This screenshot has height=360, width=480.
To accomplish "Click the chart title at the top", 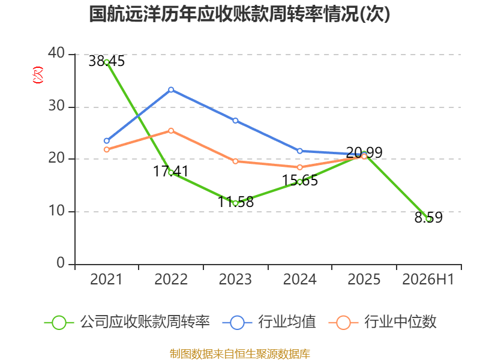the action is pos(239,14).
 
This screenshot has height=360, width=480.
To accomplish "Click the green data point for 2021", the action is pos(107,62).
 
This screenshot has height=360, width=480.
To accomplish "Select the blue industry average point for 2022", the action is pos(171,89).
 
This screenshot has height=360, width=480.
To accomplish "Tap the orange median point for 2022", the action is pos(171,131).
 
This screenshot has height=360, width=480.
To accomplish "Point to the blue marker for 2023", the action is pos(235,121).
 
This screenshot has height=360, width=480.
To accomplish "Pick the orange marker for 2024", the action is pos(299,167).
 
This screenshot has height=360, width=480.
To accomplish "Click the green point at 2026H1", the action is pos(428,219).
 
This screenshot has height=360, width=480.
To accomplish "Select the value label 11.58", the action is pos(236,202).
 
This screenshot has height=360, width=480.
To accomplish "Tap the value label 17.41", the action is pos(171,172).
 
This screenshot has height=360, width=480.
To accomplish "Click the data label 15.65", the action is pos(299,181).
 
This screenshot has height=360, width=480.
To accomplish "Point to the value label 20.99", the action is pos(364,153).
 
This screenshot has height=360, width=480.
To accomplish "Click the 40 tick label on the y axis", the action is pos(56,53).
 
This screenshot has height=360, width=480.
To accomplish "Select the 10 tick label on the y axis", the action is pos(56,211).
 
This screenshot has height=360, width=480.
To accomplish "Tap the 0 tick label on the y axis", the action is pos(61,263).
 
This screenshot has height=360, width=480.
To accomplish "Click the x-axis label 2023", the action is pos(235,280).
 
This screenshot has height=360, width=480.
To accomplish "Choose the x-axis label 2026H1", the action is pos(428,280).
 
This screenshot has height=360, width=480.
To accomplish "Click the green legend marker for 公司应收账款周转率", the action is pos(59,323).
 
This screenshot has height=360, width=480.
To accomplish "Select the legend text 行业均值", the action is pos(287,322).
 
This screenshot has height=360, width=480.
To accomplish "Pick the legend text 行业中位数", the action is pos(400,322).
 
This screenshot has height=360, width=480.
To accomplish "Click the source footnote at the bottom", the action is pos(240,353).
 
